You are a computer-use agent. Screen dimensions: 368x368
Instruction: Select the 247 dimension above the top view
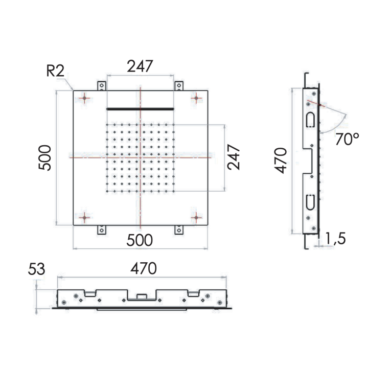(140, 66)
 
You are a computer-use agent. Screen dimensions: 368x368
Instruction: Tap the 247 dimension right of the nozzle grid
(234, 157)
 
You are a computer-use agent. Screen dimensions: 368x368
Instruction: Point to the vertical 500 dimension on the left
(45, 157)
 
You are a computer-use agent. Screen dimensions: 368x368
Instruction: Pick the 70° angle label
(347, 139)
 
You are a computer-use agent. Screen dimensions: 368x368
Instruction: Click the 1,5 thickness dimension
(335, 239)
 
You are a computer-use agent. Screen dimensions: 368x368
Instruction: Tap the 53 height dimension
(37, 269)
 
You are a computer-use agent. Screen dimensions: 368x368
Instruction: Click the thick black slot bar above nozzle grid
(140, 109)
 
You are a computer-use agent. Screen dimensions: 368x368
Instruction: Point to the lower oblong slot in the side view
(310, 202)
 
